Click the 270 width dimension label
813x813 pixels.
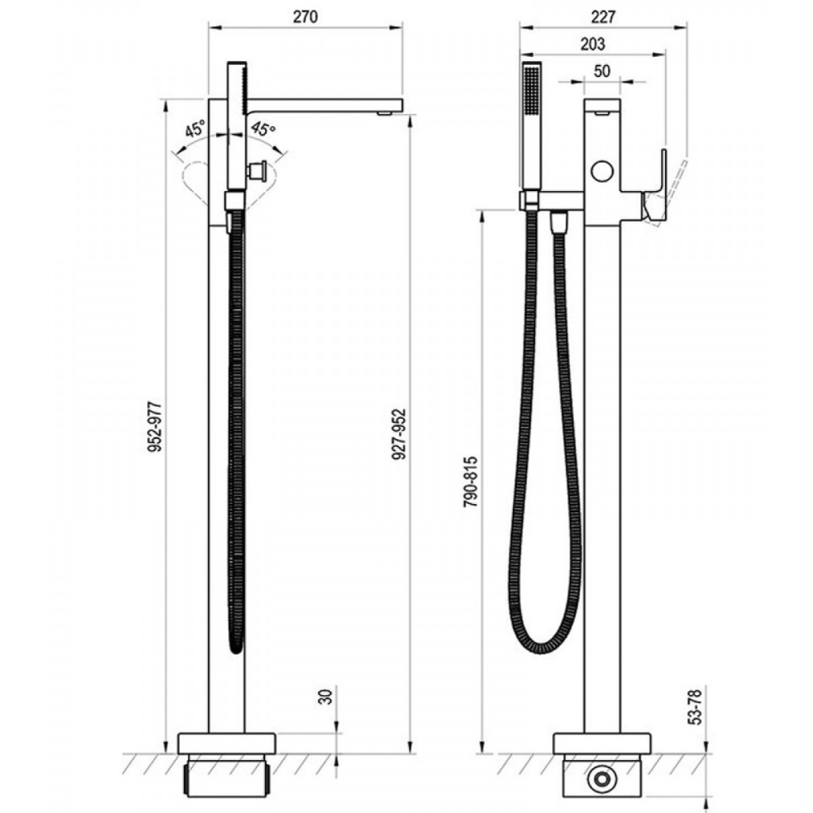point(306,16)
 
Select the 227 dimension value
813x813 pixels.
point(603,16)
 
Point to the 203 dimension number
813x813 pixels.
point(593,44)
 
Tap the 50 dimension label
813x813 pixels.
point(602,71)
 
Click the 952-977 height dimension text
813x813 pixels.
point(155,426)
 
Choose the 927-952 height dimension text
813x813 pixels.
point(399,434)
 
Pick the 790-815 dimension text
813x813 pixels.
point(471,481)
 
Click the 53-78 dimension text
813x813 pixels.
point(696,707)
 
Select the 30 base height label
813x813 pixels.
point(326,697)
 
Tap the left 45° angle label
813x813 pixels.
point(195,128)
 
